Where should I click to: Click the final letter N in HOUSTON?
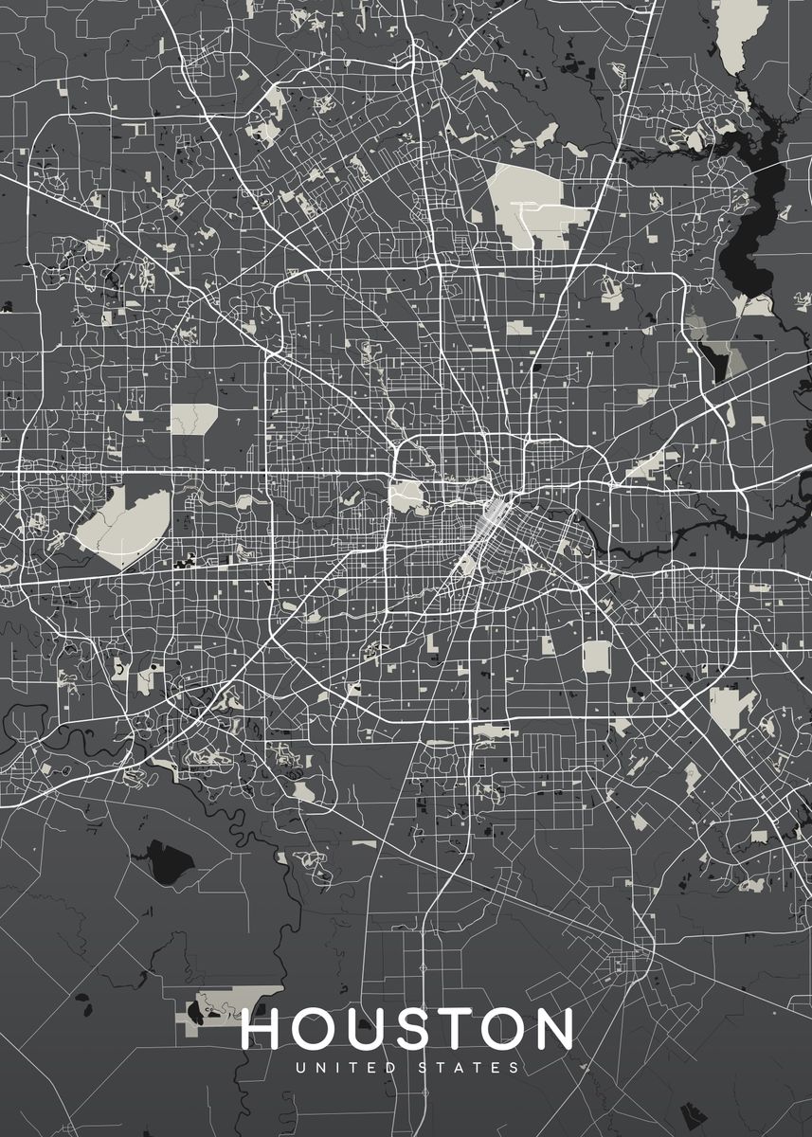[x=553, y=1029]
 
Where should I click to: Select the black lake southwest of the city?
[x=169, y=861]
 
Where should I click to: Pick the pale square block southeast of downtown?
[x=596, y=655]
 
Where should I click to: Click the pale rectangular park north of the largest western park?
[x=193, y=418]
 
